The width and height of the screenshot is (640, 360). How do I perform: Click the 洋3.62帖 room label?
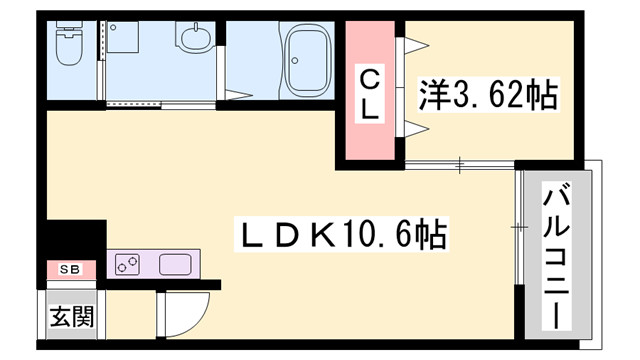pyautogui.click(x=487, y=97)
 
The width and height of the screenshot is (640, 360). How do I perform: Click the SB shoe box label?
pyautogui.click(x=69, y=270)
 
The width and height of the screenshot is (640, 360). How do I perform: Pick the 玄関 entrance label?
pyautogui.click(x=72, y=318)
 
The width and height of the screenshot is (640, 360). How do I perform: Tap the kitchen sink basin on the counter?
pyautogui.click(x=175, y=266)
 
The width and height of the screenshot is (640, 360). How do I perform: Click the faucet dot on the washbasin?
pyautogui.click(x=193, y=29)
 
